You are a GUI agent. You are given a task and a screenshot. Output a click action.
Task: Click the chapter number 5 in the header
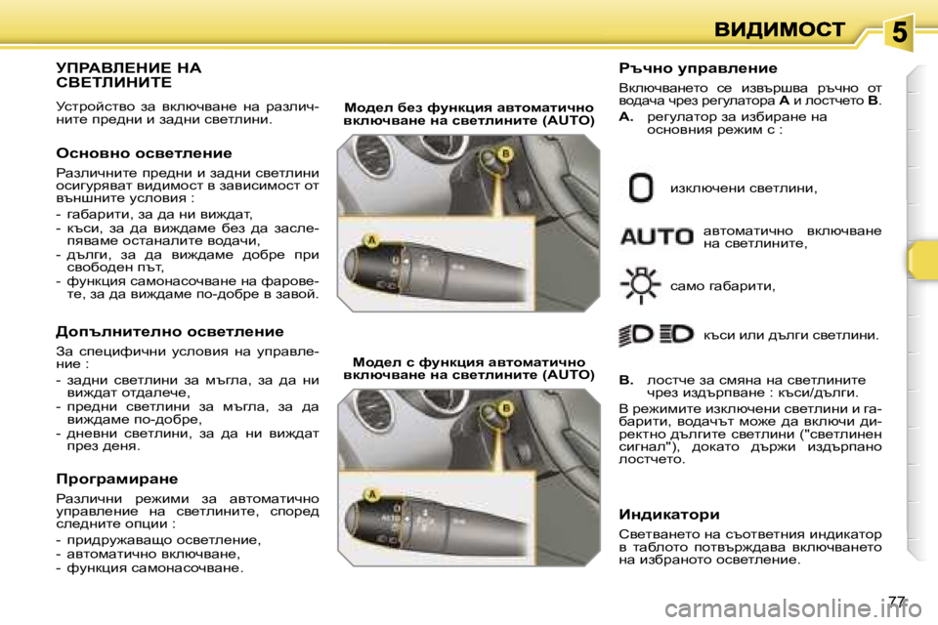point(899,32)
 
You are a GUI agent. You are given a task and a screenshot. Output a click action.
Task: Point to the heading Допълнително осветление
point(170,332)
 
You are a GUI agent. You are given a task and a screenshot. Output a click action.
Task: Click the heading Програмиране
point(117,479)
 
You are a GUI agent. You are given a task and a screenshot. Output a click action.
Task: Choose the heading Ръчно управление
point(698,68)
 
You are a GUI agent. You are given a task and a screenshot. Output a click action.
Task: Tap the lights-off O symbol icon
point(641,187)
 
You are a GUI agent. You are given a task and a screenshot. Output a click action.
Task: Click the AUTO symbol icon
point(657,236)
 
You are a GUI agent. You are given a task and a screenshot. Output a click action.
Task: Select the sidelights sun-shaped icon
point(641,286)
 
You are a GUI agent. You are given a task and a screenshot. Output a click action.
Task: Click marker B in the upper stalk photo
point(506,153)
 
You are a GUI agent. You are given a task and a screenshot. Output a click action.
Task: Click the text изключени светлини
point(743,187)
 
